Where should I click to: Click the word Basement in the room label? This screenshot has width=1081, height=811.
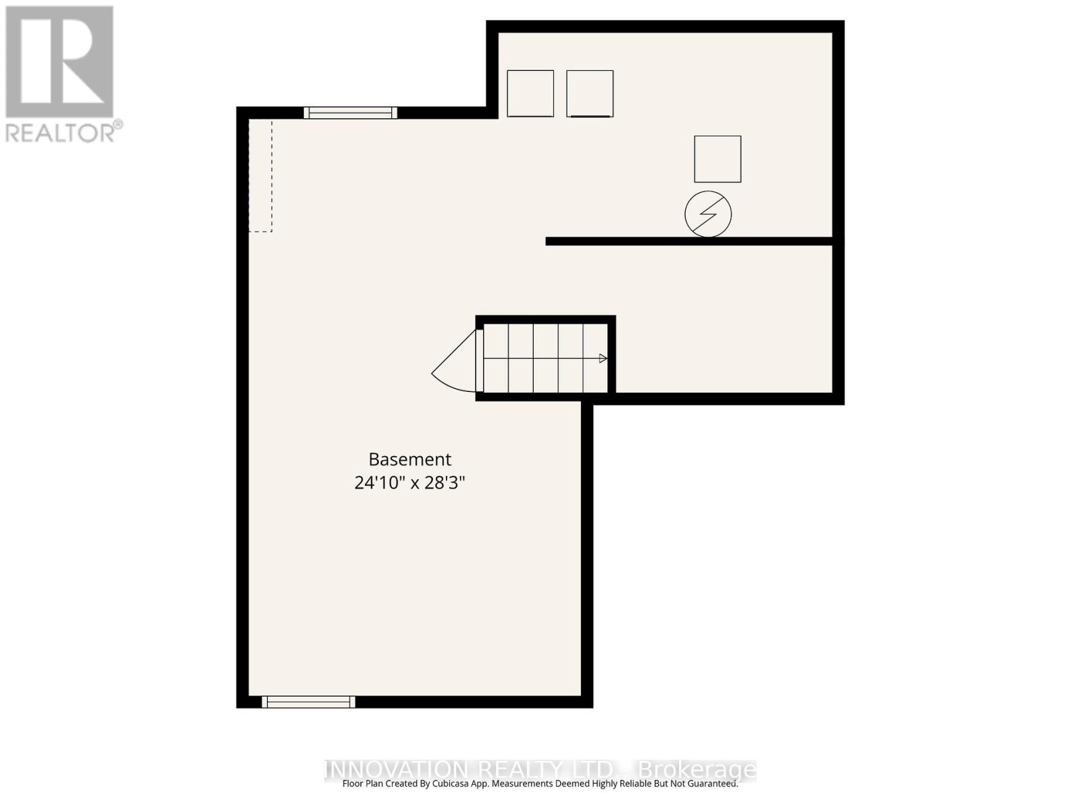(x=409, y=460)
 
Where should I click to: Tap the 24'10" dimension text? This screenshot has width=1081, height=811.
(x=380, y=483)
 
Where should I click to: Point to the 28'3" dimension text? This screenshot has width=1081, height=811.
(x=445, y=483)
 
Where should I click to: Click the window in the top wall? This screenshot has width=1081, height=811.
(x=350, y=113)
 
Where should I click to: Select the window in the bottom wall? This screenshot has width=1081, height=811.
(x=308, y=702)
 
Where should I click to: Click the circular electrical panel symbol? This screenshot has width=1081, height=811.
(x=708, y=214)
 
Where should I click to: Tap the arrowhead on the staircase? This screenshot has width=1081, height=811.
(x=603, y=359)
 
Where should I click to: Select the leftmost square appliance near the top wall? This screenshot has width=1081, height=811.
(x=530, y=93)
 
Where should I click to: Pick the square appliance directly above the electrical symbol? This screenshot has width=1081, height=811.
(x=718, y=159)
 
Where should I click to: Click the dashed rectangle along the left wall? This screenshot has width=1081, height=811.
(x=260, y=176)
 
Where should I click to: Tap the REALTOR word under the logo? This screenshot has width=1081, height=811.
(x=61, y=132)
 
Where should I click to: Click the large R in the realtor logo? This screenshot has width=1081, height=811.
(x=59, y=62)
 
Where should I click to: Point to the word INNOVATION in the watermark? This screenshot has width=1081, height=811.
(x=396, y=769)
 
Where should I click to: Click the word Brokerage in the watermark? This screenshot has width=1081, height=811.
(x=697, y=769)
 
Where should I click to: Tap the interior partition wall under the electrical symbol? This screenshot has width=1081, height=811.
(x=689, y=241)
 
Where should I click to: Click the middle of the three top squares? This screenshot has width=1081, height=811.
(x=590, y=93)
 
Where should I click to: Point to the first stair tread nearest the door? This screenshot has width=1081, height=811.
(x=496, y=359)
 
